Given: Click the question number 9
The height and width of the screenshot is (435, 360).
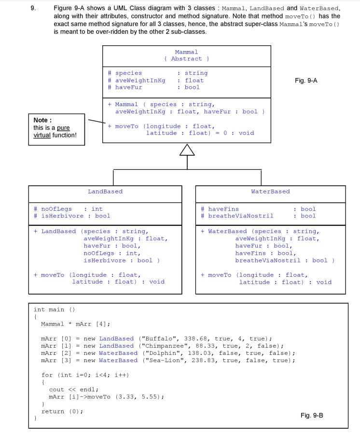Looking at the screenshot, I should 32,9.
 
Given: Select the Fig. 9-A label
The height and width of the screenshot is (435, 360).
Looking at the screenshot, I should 306,81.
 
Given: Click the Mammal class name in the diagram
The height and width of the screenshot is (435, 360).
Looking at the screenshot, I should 186,52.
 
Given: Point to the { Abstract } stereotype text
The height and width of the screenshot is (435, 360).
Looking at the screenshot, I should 186,59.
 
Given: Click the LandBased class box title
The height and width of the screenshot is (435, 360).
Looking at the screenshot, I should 105,191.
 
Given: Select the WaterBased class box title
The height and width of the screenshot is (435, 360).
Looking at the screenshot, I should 270,191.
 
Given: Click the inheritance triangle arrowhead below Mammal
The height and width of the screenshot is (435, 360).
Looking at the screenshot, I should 187,151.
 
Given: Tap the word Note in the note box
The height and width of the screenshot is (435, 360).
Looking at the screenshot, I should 42,120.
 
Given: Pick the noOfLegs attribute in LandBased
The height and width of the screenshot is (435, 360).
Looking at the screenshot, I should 56,209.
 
